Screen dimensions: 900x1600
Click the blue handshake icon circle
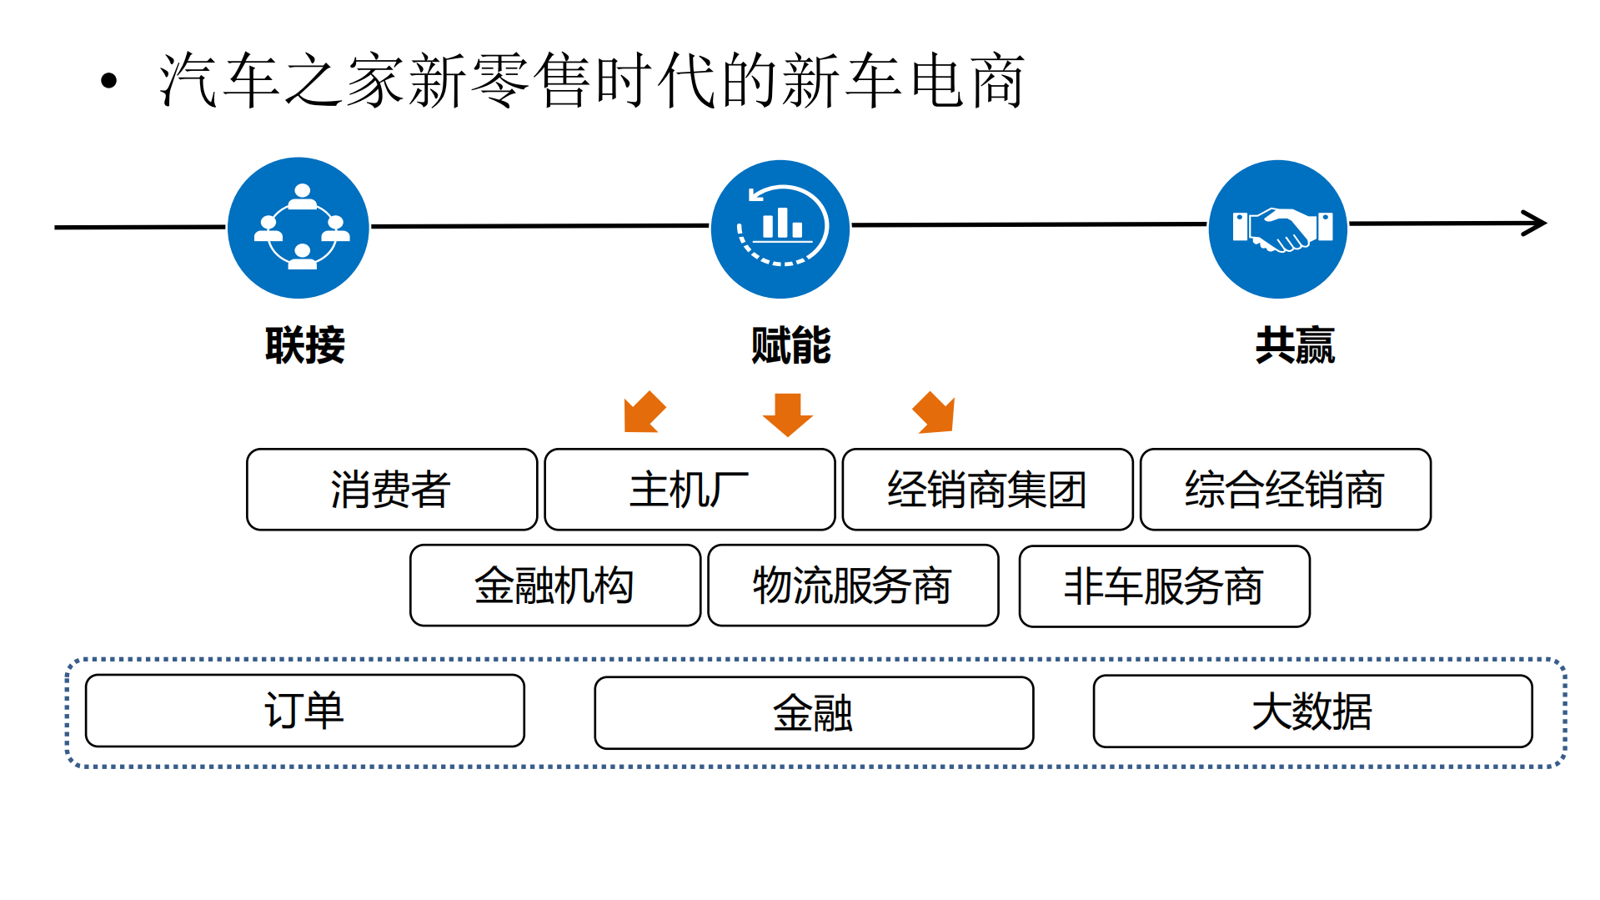[x=1277, y=229]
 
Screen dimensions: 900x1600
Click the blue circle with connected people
[x=298, y=228]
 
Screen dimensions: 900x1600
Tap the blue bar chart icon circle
[x=780, y=229]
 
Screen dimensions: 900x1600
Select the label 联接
[x=304, y=345]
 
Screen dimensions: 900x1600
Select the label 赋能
[x=790, y=345]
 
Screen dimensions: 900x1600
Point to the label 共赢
[x=1295, y=345]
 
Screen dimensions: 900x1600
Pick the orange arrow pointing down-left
[x=643, y=413]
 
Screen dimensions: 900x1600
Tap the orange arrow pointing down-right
[x=935, y=413]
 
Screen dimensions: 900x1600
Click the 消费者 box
[x=391, y=490]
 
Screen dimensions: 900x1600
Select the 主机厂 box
[x=690, y=490]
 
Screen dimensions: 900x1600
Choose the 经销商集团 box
[x=987, y=490]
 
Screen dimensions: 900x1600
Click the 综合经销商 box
[x=1285, y=490]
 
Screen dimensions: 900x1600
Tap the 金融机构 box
[x=554, y=586]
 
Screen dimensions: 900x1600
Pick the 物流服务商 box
[x=853, y=586]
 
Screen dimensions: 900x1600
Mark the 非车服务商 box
[x=1164, y=586]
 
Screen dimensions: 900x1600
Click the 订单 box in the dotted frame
[x=304, y=711]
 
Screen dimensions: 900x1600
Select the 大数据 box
[x=1312, y=711]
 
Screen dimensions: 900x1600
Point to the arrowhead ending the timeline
[x=1535, y=224]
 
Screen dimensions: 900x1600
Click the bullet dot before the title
[x=108, y=81]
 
